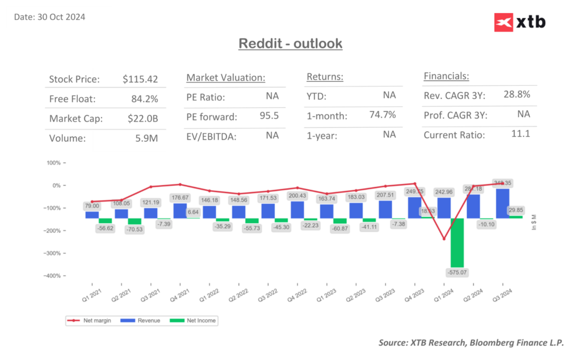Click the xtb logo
click(519, 22)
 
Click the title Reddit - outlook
click(290, 43)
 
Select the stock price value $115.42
click(140, 79)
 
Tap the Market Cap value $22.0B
click(143, 119)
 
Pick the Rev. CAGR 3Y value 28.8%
click(516, 94)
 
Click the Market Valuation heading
click(226, 77)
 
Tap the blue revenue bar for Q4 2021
click(180, 211)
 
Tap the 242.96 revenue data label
click(444, 192)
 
